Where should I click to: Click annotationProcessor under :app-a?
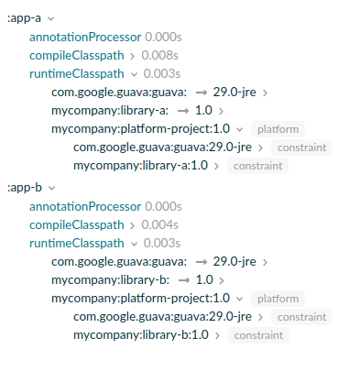tap(85, 37)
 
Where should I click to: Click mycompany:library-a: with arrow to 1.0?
tap(109, 110)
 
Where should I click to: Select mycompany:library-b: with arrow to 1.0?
tap(109, 279)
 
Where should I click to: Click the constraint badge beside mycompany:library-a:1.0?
tap(257, 166)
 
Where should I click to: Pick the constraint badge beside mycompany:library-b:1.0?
tap(257, 335)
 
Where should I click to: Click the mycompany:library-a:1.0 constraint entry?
tap(141, 166)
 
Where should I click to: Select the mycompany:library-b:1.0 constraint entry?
tap(141, 335)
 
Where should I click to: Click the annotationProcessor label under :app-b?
tap(85, 206)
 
